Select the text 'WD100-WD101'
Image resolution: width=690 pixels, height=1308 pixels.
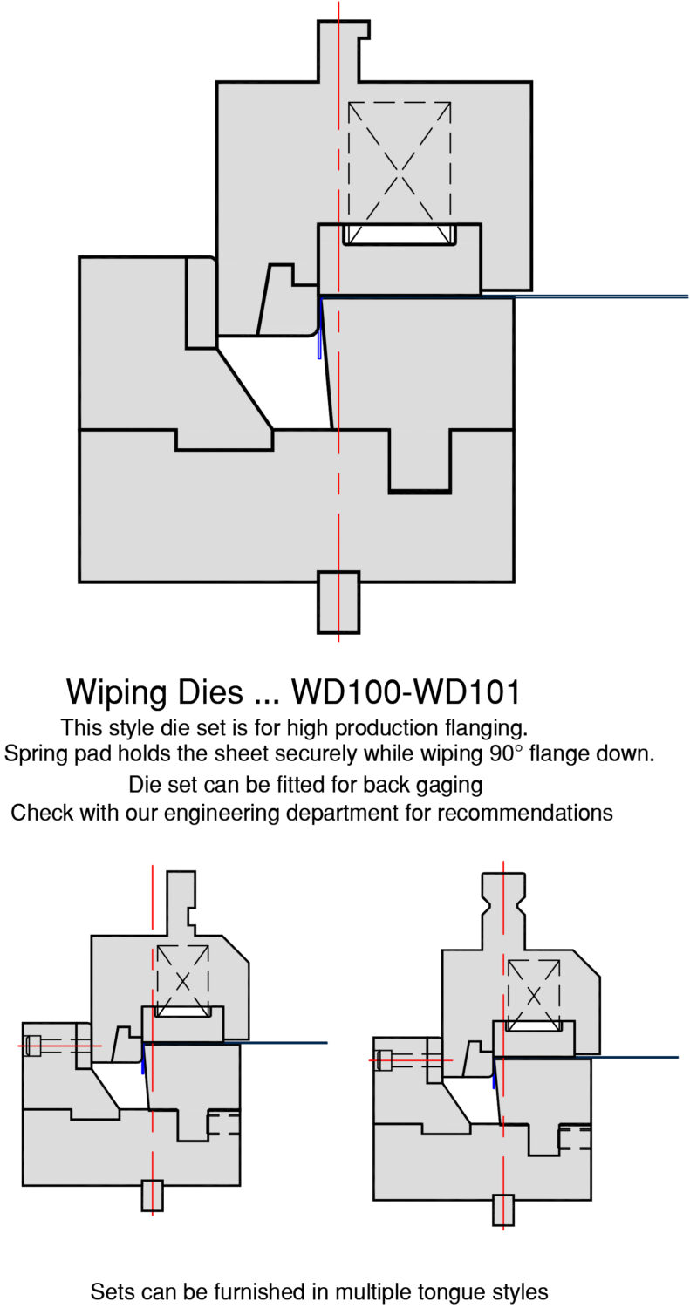coord(406,692)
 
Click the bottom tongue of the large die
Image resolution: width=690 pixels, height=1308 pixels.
coord(338,601)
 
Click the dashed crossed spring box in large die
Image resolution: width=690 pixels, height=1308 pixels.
coord(400,162)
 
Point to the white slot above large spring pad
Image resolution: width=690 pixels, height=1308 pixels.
coord(400,234)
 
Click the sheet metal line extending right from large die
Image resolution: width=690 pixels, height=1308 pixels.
coord(602,296)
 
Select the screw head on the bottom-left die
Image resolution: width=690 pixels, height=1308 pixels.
coord(33,1045)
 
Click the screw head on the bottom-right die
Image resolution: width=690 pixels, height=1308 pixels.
coord(384,1060)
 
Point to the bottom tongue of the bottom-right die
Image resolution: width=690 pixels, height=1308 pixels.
coord(503,1209)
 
